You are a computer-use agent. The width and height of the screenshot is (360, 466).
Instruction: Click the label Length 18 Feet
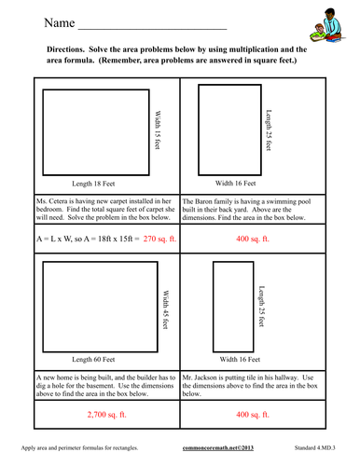[x=104, y=184]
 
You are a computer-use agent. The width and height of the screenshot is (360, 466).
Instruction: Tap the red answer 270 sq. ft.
[x=141, y=239]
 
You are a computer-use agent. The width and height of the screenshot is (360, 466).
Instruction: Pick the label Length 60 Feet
[x=104, y=357]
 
